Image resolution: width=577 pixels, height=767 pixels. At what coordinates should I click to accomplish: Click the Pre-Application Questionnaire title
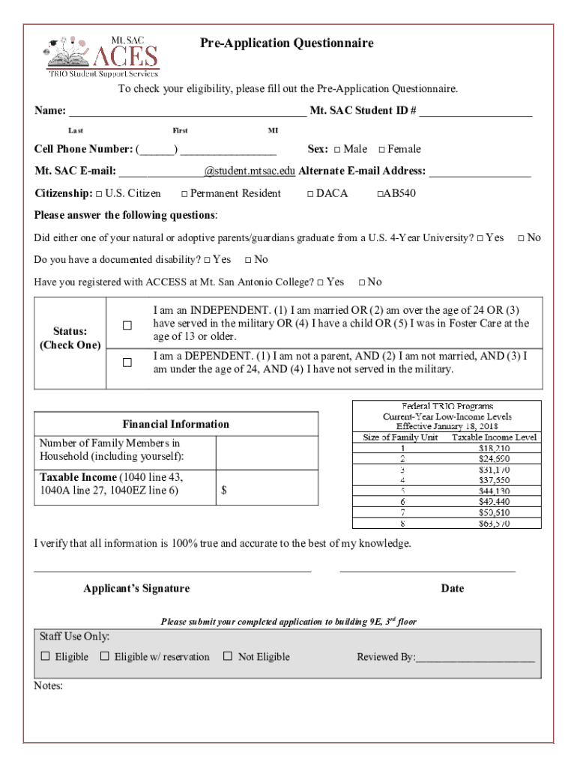pyautogui.click(x=286, y=43)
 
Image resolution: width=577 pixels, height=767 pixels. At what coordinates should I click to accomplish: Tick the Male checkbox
pyautogui.click(x=337, y=150)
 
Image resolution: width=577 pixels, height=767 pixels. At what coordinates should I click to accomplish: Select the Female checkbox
pyautogui.click(x=381, y=150)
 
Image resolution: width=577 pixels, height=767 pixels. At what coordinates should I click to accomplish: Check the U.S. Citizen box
pyautogui.click(x=99, y=194)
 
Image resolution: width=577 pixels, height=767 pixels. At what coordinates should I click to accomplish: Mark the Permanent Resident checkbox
pyautogui.click(x=184, y=194)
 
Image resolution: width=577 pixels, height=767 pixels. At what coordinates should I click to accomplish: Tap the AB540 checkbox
pyautogui.click(x=379, y=194)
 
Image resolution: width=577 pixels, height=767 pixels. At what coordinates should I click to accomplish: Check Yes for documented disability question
pyautogui.click(x=207, y=261)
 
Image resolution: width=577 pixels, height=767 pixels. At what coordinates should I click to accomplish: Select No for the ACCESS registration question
pyautogui.click(x=362, y=282)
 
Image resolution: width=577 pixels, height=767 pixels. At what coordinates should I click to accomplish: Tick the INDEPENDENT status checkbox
pyautogui.click(x=127, y=326)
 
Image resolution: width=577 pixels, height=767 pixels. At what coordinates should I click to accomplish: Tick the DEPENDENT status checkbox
pyautogui.click(x=127, y=363)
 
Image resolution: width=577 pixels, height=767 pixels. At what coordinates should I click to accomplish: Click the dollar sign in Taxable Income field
pyautogui.click(x=224, y=491)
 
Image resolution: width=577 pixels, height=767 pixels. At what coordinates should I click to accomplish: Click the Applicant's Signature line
pyautogui.click(x=172, y=571)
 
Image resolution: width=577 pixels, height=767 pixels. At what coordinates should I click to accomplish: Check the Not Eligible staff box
pyautogui.click(x=228, y=656)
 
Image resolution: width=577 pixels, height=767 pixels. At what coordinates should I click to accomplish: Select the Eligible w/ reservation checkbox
pyautogui.click(x=105, y=656)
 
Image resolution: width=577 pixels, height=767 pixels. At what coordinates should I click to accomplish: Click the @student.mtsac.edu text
pyautogui.click(x=250, y=171)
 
